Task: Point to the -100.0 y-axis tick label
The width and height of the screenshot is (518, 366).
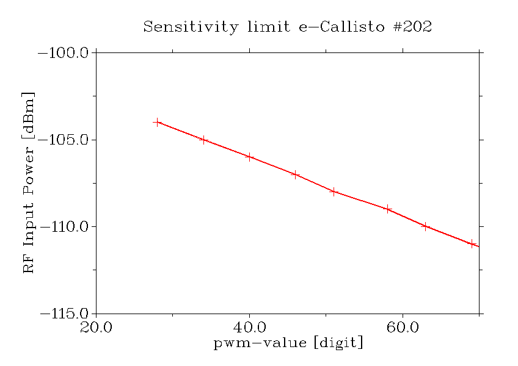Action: click(64, 53)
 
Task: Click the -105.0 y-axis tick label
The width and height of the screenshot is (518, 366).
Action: click(64, 140)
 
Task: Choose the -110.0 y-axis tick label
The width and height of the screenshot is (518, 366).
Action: click(64, 227)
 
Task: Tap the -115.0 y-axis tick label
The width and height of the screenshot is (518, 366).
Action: click(64, 314)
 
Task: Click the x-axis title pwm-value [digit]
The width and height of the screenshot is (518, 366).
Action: click(288, 343)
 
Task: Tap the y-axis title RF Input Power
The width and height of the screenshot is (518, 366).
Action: click(29, 183)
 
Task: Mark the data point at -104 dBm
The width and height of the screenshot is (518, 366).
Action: click(158, 122)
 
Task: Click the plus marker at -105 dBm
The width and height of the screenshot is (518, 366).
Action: click(204, 140)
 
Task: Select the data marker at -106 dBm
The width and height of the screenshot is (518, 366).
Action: click(250, 157)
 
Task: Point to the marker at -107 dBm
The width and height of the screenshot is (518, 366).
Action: click(296, 174)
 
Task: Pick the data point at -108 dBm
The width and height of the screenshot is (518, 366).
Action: click(334, 192)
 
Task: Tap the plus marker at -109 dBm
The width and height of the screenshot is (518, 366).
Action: click(388, 209)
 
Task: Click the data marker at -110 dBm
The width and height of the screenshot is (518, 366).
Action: click(426, 226)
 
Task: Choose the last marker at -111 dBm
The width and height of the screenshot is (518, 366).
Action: click(472, 244)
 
